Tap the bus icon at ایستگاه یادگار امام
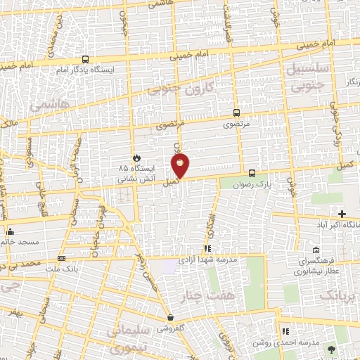pyautogui.click(x=85, y=60)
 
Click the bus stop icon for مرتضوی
pyautogui.click(x=236, y=112)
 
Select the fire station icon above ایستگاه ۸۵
pyautogui.click(x=137, y=157)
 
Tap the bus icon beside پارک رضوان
pyautogui.click(x=252, y=173)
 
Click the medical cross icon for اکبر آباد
pyautogui.click(x=342, y=214)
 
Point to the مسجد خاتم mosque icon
pyautogui.click(x=10, y=231)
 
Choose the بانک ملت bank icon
pyautogui.click(x=61, y=258)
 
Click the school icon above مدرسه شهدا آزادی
pyautogui.click(x=207, y=249)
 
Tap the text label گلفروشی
pyautogui.click(x=171, y=328)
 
